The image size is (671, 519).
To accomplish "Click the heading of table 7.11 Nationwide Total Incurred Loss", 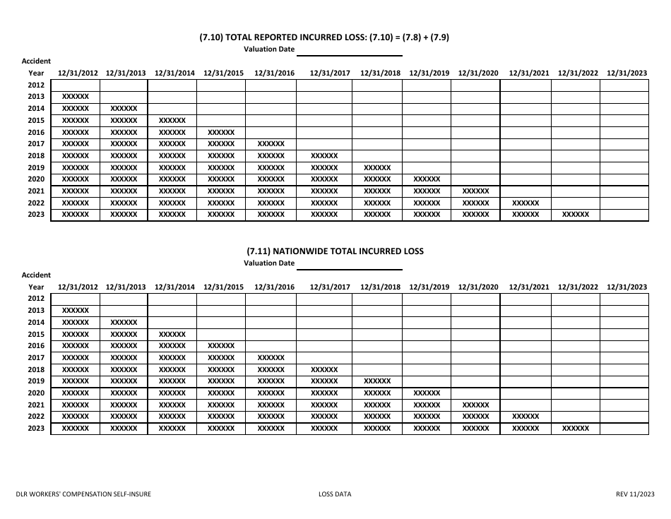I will coord(335,251).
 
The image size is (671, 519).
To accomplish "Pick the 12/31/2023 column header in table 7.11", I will coord(627,287).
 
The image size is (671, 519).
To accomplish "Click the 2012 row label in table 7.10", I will coord(36,85).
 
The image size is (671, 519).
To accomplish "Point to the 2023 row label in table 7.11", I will coord(36,429).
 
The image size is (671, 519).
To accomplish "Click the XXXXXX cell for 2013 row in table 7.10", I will coord(76,97).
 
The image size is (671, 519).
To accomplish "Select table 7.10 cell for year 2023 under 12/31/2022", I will coord(575,215).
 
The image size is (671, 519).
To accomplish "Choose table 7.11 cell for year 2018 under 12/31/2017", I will coord(324,369).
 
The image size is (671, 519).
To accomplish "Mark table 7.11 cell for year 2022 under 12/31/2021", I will coord(525,417).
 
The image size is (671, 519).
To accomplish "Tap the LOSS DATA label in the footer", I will coord(335,494).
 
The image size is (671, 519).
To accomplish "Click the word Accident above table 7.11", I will coord(36,275).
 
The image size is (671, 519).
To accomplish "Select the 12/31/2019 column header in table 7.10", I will coord(429,73).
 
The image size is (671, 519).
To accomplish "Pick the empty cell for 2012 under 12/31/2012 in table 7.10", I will coord(76,85).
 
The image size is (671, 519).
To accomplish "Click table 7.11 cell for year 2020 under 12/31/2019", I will coord(427,393).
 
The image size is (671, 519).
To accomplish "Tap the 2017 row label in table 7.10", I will coord(36,144).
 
